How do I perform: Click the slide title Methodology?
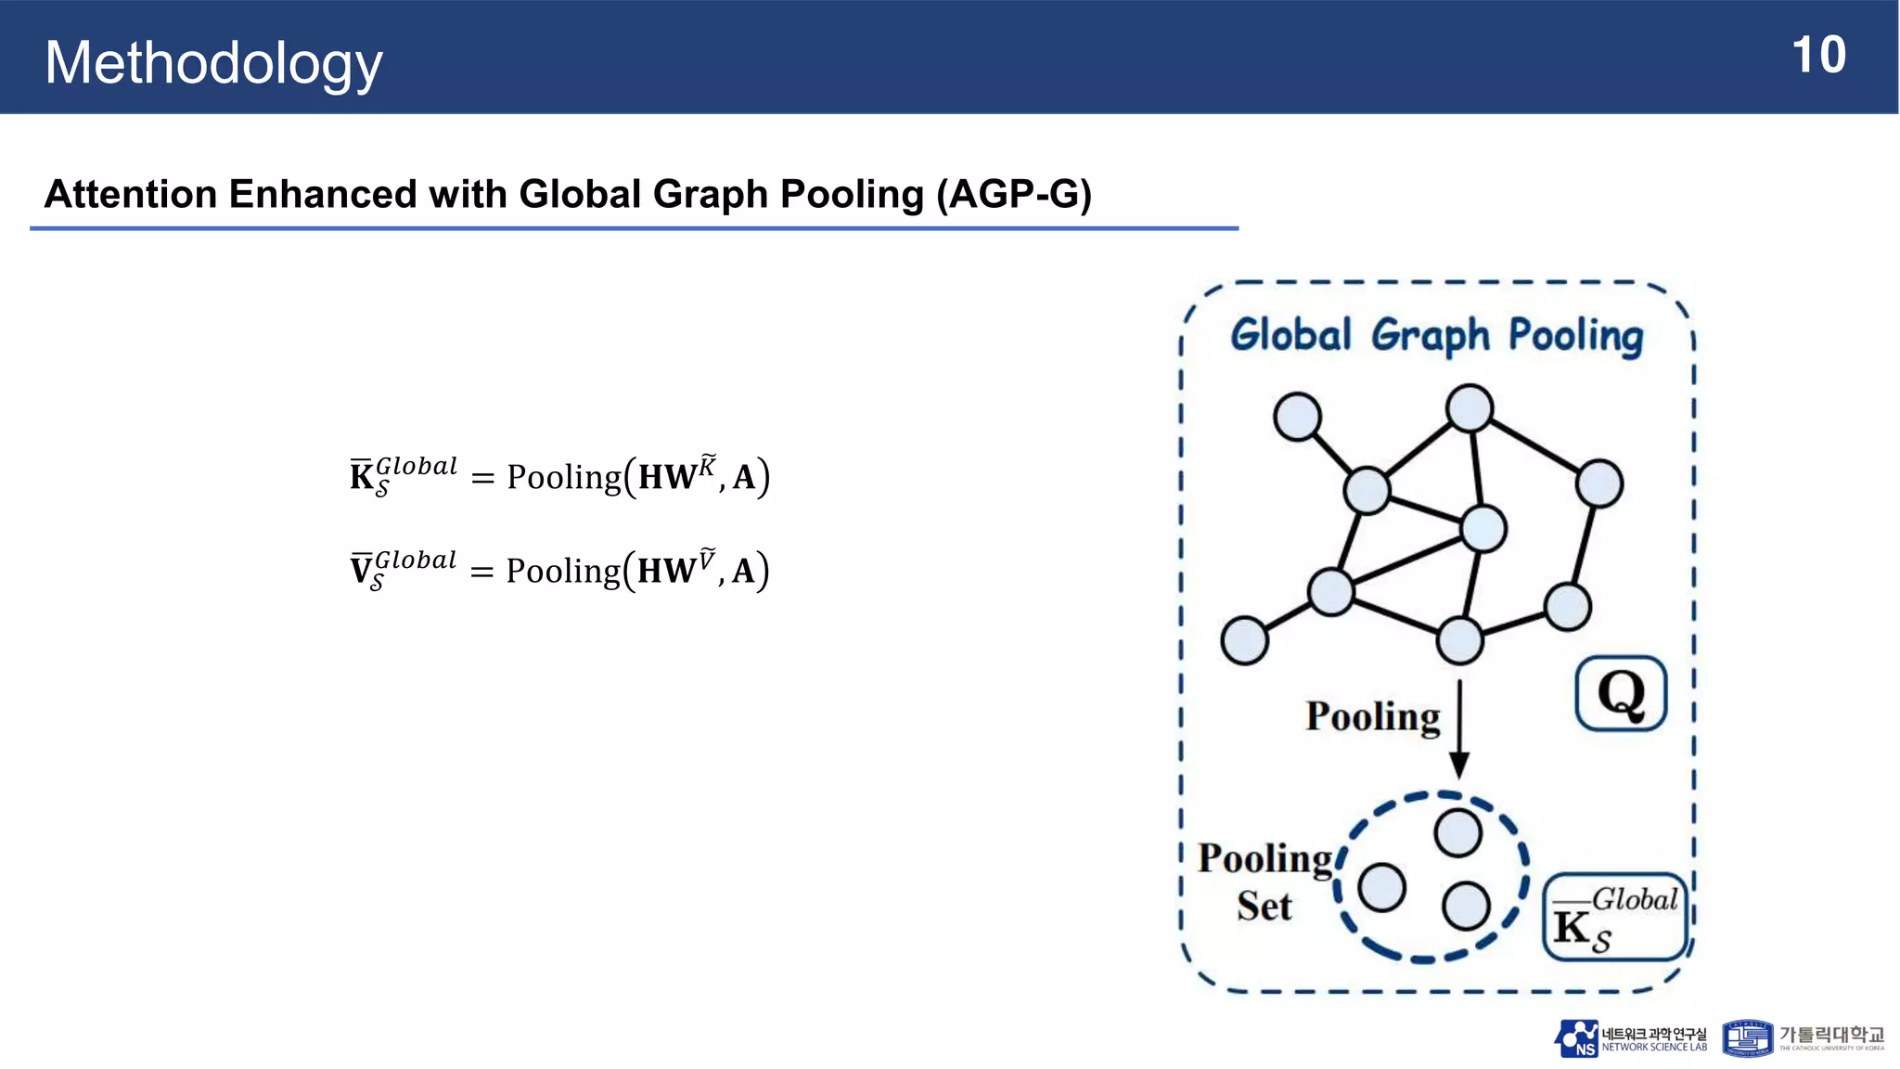click(x=213, y=63)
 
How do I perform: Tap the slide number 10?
click(x=1818, y=56)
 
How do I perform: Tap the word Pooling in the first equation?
click(x=563, y=477)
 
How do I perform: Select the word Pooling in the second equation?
click(x=563, y=571)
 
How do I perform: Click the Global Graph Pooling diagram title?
click(x=1436, y=336)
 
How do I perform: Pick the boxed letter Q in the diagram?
click(x=1621, y=693)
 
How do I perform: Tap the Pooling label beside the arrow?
click(x=1373, y=716)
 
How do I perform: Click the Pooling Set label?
click(x=1265, y=882)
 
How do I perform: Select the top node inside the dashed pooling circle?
click(x=1457, y=832)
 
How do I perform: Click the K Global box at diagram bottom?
click(x=1615, y=917)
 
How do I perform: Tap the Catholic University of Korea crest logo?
click(x=1747, y=1038)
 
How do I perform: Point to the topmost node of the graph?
click(x=1470, y=408)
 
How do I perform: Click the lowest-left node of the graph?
click(x=1245, y=640)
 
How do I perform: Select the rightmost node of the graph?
click(x=1599, y=483)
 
